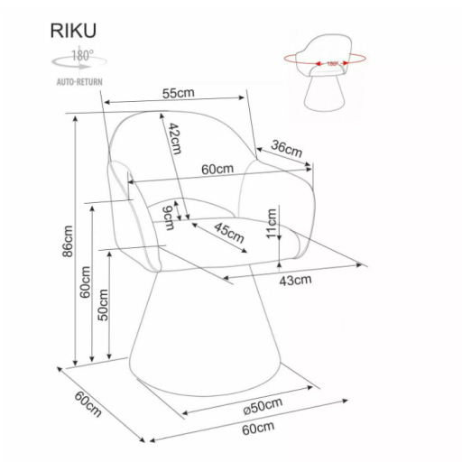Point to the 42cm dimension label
pos(174,140)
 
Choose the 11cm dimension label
pos(272,222)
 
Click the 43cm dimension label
pos(296,279)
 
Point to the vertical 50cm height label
pos(104,304)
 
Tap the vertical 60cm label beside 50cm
pos(85,282)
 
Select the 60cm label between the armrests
pos(217,169)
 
